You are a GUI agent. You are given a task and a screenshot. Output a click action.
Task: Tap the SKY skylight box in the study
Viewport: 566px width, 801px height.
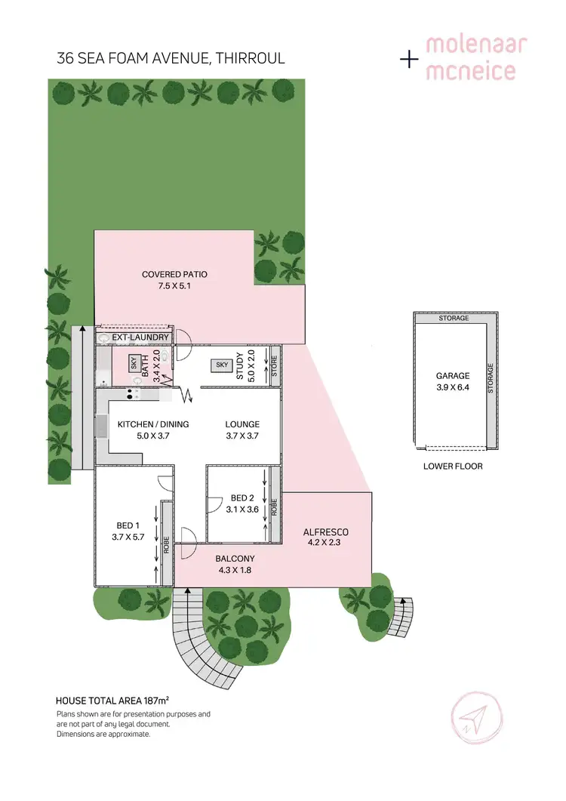(x=222, y=365)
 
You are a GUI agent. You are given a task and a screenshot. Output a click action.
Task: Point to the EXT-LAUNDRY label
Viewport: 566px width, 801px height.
(x=140, y=337)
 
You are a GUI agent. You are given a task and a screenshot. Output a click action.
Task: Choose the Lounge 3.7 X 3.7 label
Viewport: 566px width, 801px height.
(x=242, y=430)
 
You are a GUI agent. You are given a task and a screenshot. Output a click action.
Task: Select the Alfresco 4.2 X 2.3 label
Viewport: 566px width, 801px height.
(x=325, y=537)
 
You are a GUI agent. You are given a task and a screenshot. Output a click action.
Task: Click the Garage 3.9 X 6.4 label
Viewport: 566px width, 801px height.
(x=453, y=380)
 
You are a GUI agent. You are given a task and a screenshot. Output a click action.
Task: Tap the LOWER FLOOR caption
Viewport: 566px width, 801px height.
(x=453, y=466)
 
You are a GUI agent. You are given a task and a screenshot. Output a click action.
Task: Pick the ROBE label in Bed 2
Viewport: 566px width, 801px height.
(x=275, y=506)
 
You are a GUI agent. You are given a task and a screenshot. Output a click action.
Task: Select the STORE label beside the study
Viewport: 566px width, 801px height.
(x=275, y=365)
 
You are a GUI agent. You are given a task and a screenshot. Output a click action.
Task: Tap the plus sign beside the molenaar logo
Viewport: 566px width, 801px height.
(x=408, y=59)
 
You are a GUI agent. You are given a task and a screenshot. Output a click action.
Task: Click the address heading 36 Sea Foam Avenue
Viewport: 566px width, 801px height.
(x=171, y=58)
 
